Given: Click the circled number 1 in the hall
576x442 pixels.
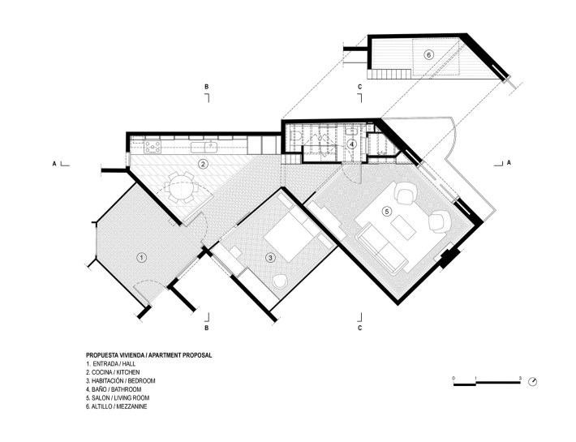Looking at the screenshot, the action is tap(141, 258).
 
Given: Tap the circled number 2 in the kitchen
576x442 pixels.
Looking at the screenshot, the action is tap(202, 164).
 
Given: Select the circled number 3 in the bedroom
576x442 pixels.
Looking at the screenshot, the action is tap(270, 258).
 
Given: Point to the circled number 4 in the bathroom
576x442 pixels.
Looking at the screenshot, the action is tap(351, 144).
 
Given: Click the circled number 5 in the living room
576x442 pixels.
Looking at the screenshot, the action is tap(386, 211).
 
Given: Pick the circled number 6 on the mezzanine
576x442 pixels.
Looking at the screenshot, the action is tap(428, 55).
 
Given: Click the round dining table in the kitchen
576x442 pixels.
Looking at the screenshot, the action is tap(182, 187).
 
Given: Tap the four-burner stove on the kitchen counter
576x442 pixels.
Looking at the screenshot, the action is tap(153, 147).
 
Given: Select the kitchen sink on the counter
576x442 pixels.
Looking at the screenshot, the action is tap(204, 147).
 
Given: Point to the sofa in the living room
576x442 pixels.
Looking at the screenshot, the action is tap(383, 249).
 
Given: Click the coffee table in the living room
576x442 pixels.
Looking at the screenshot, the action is tap(403, 228).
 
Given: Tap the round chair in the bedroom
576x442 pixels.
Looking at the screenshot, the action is tap(281, 282).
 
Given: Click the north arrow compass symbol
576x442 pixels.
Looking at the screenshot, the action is tap(533, 381).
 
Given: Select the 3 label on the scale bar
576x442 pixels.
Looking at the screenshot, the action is tap(520, 378).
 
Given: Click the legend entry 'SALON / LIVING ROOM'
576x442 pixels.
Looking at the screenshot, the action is tap(118, 398).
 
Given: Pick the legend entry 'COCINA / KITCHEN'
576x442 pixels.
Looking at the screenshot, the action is tap(113, 372).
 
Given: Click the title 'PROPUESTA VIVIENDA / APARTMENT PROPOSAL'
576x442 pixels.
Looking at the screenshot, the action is tap(148, 355).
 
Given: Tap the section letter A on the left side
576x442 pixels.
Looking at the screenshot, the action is tap(54, 164).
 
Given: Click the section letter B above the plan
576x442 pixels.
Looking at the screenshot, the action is tap(206, 87).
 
